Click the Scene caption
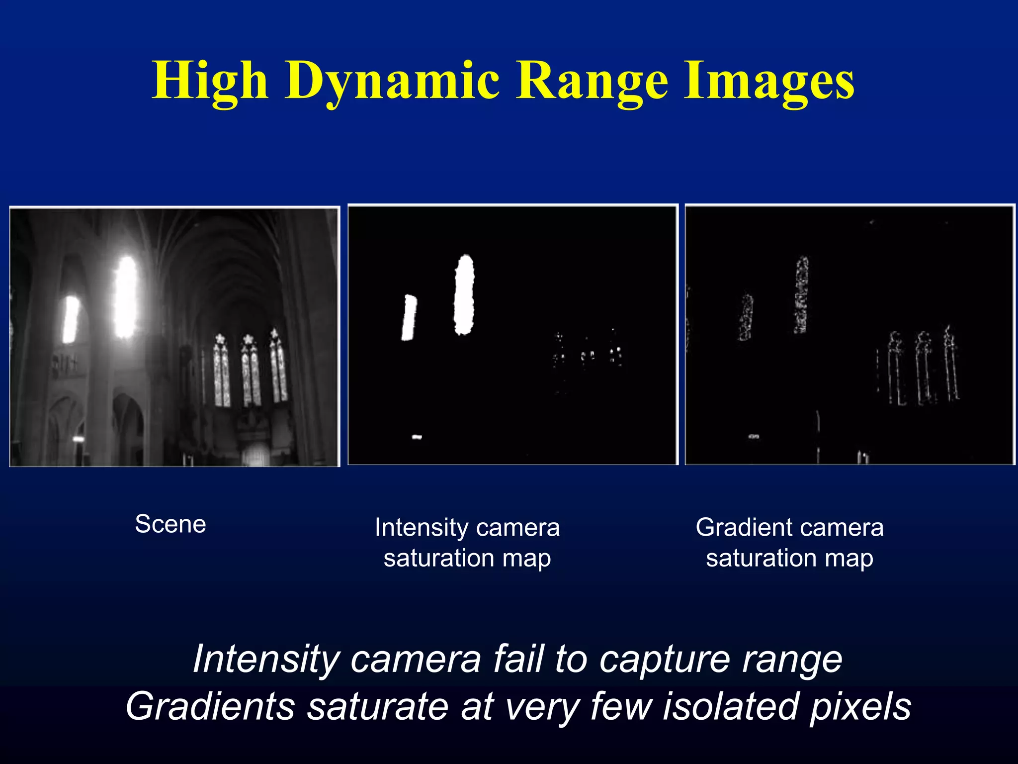[x=170, y=524]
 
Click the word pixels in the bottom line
[x=860, y=706]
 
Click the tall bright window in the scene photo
[x=125, y=297]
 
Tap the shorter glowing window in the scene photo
[x=71, y=319]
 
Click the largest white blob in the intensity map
[x=464, y=294]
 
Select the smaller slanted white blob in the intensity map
[x=409, y=317]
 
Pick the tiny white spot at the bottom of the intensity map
[x=417, y=437]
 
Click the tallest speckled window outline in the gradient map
[x=801, y=294]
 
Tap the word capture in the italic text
[x=665, y=659]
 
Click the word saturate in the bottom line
[x=377, y=706]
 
